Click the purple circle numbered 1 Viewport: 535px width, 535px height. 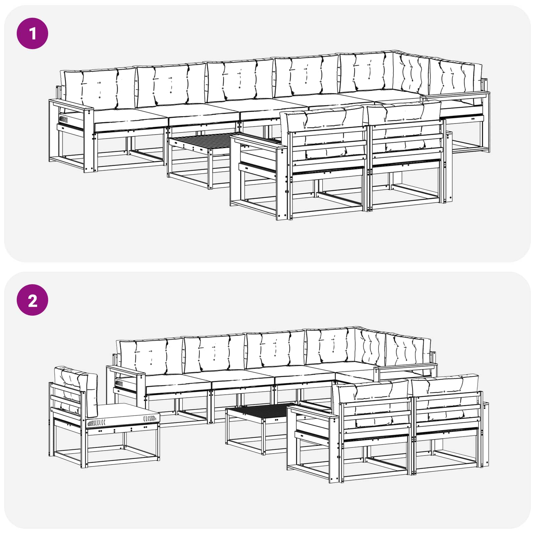pos(32,33)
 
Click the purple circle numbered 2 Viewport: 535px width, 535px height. pos(32,300)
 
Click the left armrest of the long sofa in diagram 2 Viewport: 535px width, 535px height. pos(126,371)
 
